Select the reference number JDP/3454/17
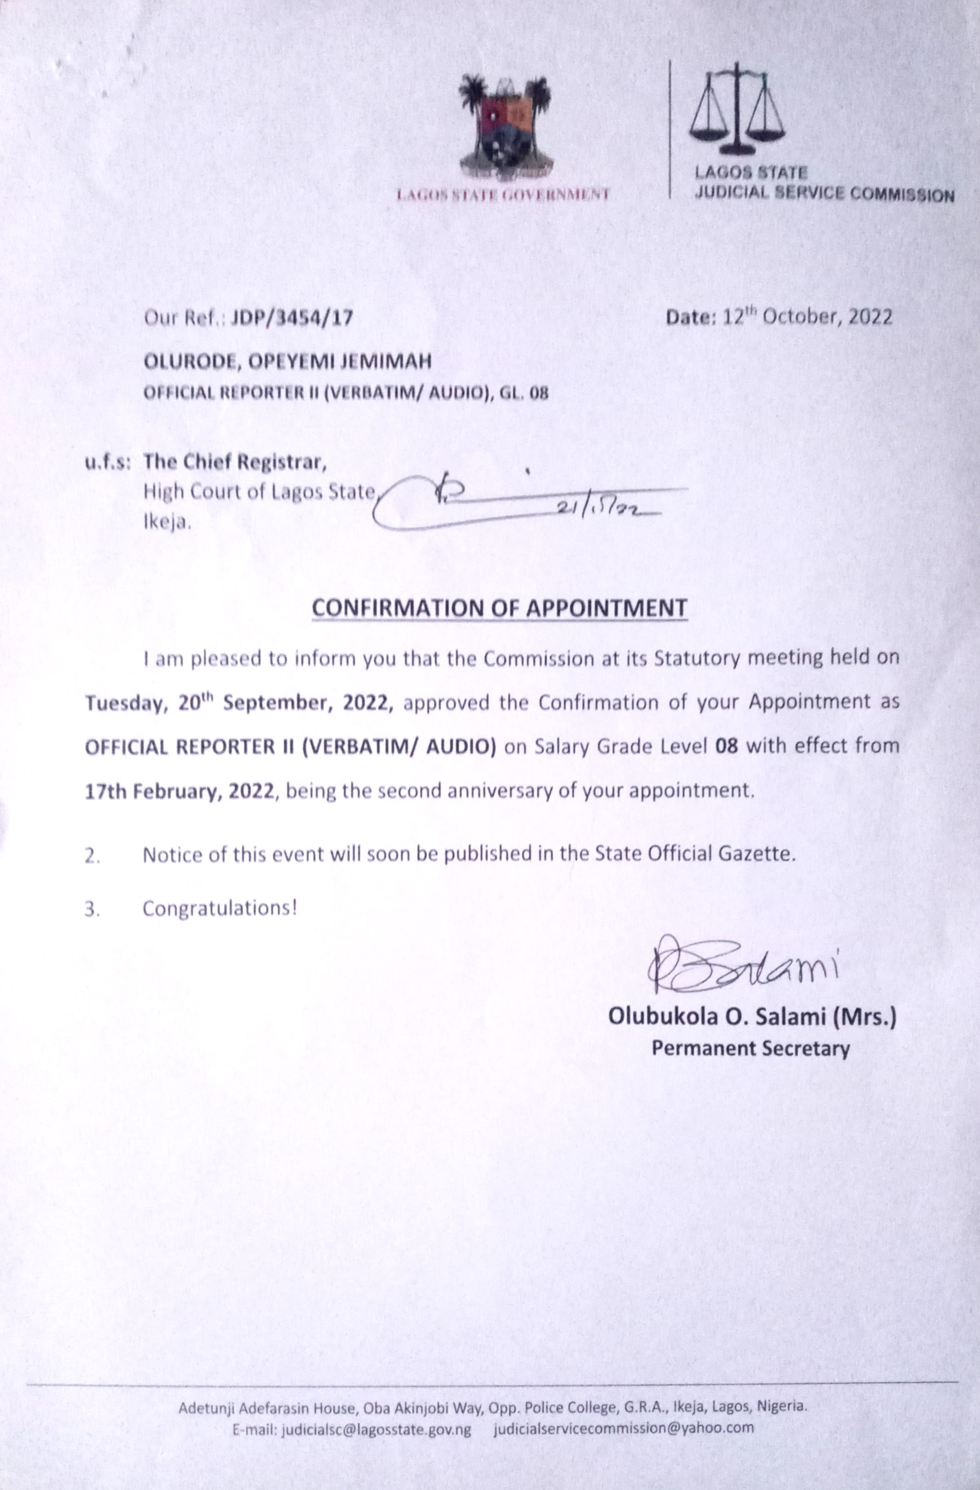point(292,318)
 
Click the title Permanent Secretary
point(751,1048)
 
